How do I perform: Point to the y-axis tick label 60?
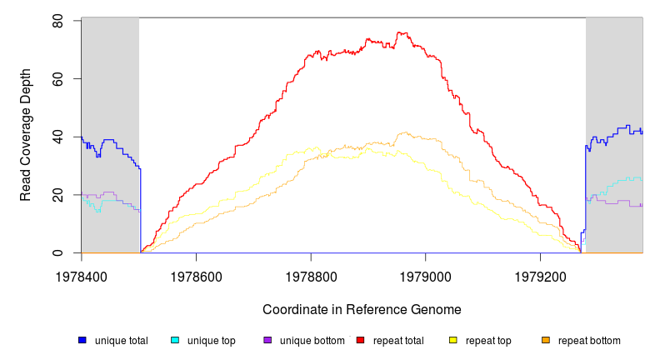coord(57,79)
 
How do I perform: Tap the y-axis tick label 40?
coord(57,137)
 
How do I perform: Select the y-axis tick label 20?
coord(57,195)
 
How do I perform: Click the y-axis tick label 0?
coord(57,253)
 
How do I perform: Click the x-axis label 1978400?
coord(82,274)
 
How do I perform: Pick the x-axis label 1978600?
coord(196,274)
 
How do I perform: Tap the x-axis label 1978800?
coord(311,274)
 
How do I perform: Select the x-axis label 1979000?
coord(426,274)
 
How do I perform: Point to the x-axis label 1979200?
coord(540,274)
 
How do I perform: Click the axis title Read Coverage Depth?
coord(26,137)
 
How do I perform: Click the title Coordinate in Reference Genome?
coord(362,309)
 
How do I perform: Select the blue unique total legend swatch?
coord(82,340)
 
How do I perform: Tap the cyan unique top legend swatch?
coord(175,340)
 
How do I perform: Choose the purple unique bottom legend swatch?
coord(267,340)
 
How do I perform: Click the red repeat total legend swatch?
coord(360,340)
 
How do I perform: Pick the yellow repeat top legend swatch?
coord(453,340)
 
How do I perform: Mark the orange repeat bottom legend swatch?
coord(546,340)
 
